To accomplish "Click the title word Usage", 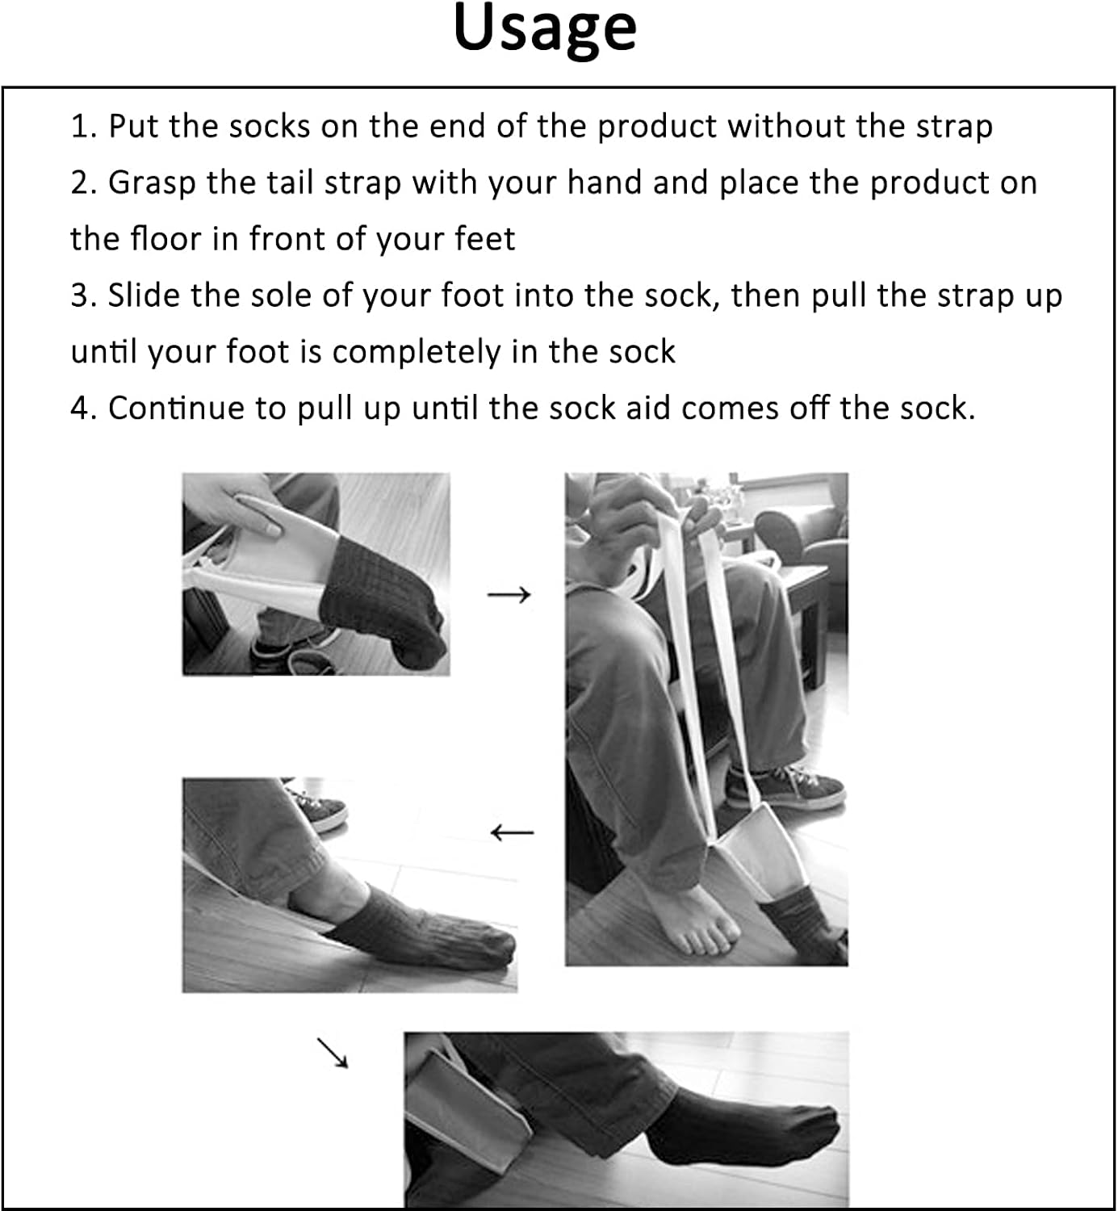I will pos(545,29).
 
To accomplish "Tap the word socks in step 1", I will pos(269,127).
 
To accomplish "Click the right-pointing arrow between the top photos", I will pos(509,595).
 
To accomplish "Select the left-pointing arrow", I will pos(512,832).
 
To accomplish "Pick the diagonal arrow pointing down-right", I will pos(332,1053).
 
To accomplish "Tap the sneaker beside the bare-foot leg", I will pos(786,787).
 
